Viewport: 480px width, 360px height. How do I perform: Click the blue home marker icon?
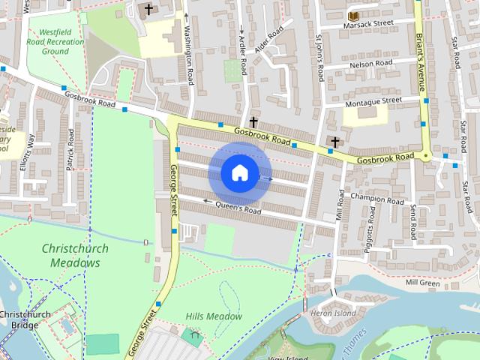tap(239, 172)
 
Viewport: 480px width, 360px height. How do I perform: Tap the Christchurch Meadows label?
tap(75, 256)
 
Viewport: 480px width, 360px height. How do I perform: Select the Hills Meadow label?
tap(214, 316)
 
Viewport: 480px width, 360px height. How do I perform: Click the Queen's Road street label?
tap(238, 208)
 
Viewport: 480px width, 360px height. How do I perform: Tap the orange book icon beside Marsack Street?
tap(352, 15)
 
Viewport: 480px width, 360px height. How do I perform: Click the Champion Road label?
tap(376, 200)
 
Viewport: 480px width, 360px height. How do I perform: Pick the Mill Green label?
tap(422, 283)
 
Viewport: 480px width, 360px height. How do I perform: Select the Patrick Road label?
tap(70, 150)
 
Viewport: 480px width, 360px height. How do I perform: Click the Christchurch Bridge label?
tap(20, 319)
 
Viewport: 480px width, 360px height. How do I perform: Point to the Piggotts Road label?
tap(368, 237)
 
